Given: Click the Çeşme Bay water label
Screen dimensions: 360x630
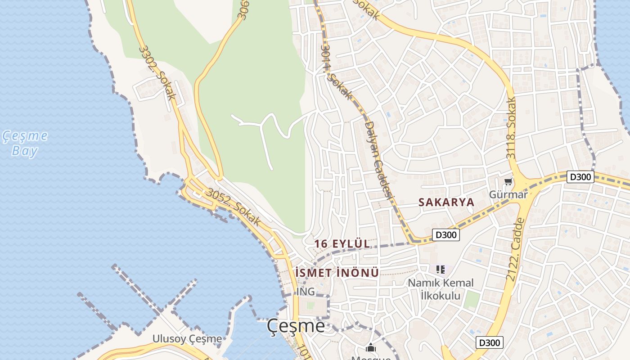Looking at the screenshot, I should click(25, 143).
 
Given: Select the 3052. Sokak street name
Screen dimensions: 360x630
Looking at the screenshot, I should click(234, 207).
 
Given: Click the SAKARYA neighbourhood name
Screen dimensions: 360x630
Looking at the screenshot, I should click(446, 202).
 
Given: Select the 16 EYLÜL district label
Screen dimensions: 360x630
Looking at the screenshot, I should click(342, 243).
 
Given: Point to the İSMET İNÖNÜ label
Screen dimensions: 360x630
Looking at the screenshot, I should click(337, 273).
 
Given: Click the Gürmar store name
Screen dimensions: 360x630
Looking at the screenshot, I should click(508, 195).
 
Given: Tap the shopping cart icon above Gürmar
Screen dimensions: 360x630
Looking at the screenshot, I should click(508, 182).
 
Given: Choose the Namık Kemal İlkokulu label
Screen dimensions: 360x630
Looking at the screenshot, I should click(441, 289).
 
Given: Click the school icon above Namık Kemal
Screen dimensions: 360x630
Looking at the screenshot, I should click(441, 270).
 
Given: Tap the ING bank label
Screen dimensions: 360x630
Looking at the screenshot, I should click(306, 292).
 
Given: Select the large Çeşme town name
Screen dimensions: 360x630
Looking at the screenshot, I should click(296, 326).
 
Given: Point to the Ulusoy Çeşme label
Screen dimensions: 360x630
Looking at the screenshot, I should click(187, 338).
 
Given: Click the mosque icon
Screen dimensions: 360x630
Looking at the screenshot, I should click(370, 347).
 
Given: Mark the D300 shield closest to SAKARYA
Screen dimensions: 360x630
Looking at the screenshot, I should click(446, 234).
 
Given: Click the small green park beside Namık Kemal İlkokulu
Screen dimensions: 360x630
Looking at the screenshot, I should click(471, 299).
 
